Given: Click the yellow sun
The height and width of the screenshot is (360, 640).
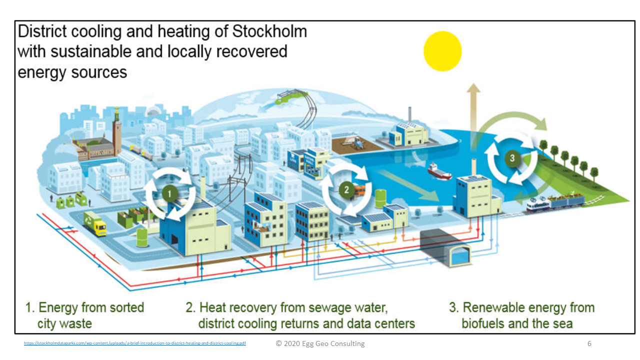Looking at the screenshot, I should coord(442,51).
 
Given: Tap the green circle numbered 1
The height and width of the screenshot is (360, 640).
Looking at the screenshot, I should coord(169,192).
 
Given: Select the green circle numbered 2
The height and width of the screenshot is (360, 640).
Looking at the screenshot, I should coord(346,189).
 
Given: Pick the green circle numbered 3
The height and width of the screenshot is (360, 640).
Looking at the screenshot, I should coord(511,157).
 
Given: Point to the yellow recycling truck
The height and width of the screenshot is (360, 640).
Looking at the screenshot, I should coord(94,223).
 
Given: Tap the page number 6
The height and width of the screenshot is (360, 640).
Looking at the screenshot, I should coord(589,343).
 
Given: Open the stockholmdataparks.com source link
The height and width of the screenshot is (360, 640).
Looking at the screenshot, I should coord(135,343).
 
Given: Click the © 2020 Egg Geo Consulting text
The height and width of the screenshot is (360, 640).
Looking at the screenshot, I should coord(320,343).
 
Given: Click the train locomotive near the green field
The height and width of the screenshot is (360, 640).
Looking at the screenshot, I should coord(538,203).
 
